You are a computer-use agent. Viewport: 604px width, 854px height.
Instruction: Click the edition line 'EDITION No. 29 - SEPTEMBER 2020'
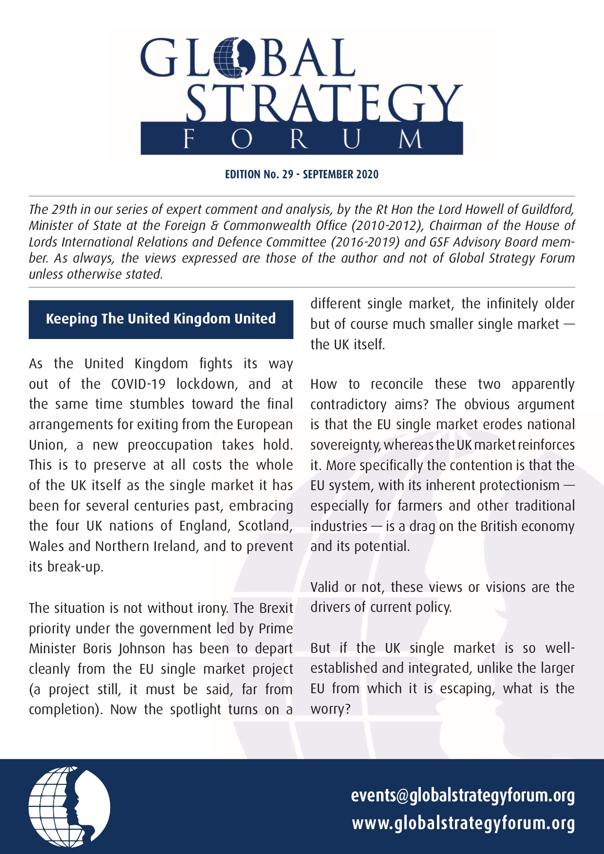(302, 174)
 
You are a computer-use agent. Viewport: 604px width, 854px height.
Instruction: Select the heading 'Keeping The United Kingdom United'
(161, 319)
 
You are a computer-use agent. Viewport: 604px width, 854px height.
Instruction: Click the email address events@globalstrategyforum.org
(463, 796)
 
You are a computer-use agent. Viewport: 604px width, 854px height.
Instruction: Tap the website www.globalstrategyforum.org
(463, 823)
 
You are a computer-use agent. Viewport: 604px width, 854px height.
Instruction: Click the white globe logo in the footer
(69, 807)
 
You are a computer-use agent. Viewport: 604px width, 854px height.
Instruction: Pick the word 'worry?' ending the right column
(331, 709)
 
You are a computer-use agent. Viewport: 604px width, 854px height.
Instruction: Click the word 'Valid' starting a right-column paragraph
(324, 587)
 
